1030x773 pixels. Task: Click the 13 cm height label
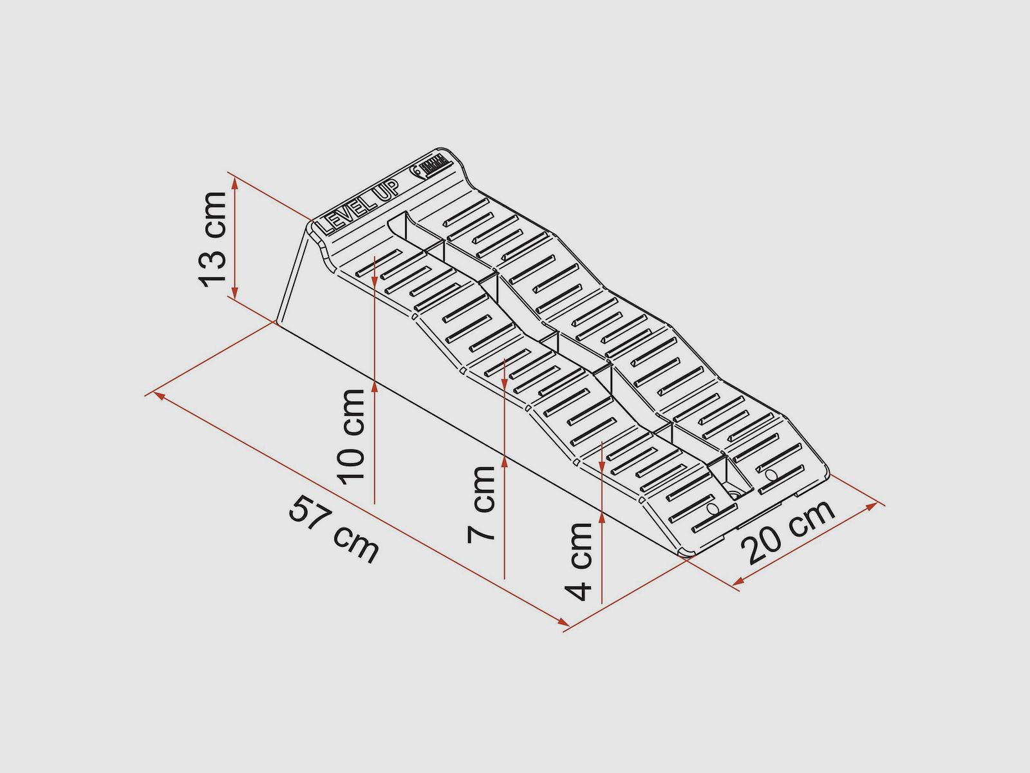213,240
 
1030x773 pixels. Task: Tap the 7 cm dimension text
481,504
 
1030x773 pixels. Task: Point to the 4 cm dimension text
579,562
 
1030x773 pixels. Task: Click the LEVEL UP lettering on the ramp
359,208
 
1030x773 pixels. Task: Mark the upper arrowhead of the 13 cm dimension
235,184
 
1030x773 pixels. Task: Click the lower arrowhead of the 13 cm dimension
235,292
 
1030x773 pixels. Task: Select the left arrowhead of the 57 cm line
160,397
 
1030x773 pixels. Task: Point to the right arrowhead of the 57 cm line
563,622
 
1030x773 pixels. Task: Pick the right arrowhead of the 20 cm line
871,506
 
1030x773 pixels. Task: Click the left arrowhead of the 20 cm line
738,581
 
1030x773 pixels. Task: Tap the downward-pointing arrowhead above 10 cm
375,281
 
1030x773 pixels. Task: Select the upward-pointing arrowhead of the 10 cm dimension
375,385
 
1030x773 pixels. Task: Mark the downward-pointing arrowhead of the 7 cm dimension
505,384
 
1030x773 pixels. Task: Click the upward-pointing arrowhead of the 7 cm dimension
505,462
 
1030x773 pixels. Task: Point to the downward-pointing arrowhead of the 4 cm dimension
601,466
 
